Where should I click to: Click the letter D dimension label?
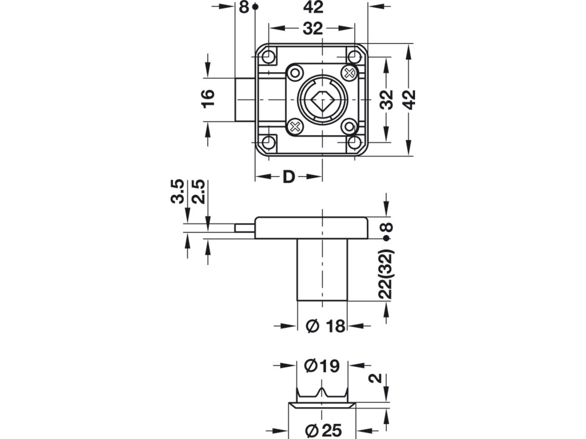pos(288,177)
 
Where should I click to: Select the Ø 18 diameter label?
pos(326,326)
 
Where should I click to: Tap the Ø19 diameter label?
pos(322,366)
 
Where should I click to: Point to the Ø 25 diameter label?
pos(324,431)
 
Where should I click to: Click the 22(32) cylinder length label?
pos(386,274)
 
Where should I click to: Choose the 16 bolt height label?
pos(208,99)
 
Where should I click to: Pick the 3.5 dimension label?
pos(178,192)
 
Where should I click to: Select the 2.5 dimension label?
pos(199,192)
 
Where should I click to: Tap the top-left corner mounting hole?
pos(268,57)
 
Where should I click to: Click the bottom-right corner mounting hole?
pos(354,142)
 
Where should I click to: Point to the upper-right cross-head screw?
pos(349,73)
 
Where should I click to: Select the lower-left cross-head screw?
pos(295,126)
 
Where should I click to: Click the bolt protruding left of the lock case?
pos(245,100)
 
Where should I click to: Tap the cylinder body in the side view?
pos(322,270)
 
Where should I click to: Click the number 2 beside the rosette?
pos(375,378)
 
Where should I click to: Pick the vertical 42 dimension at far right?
pos(410,100)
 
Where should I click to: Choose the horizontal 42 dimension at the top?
pos(313,7)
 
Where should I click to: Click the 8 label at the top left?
pos(244,7)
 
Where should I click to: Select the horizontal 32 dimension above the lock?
pos(313,29)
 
